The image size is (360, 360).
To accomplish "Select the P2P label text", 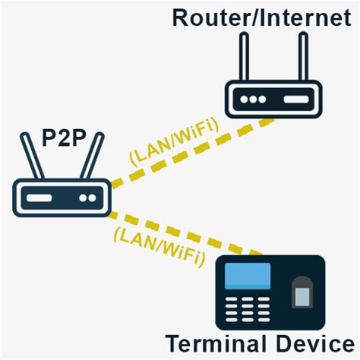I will tap(62, 140).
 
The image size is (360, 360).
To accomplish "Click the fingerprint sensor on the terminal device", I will tap(303, 292).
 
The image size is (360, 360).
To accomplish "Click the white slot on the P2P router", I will tap(43, 198).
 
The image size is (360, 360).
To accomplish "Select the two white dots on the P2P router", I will tap(87, 198).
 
